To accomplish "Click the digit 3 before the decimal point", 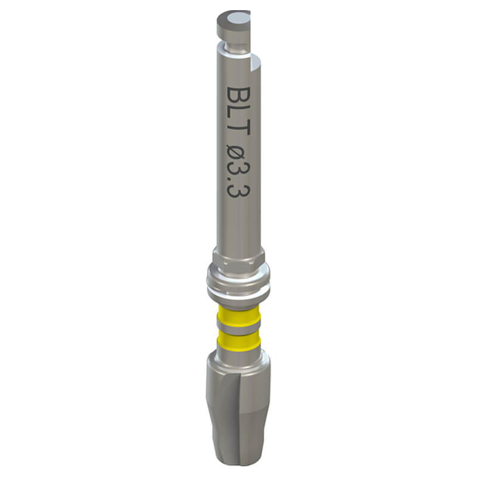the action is click(x=239, y=173).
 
